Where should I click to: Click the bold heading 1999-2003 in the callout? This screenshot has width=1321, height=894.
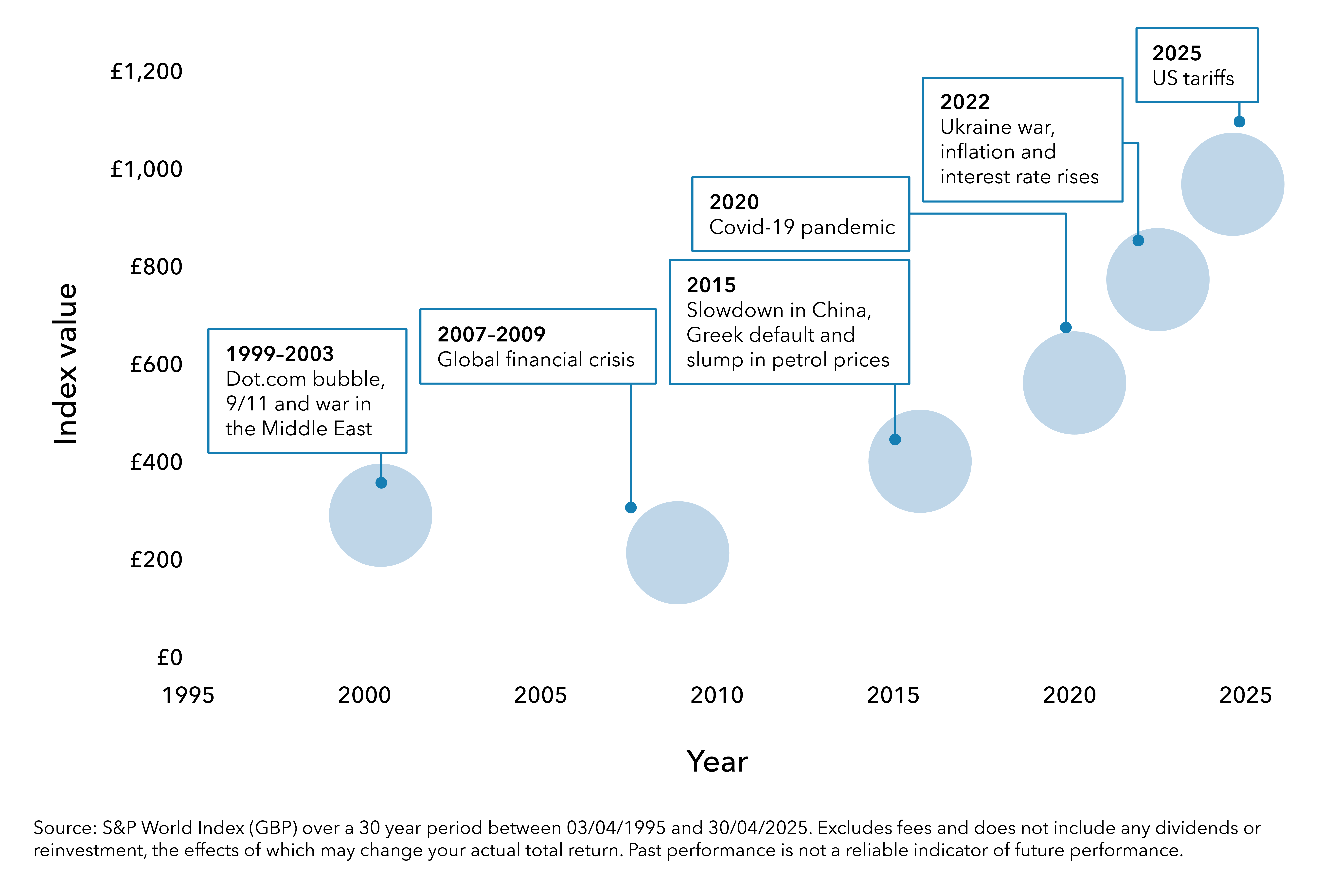click(280, 354)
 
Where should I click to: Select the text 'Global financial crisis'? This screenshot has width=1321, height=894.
click(536, 360)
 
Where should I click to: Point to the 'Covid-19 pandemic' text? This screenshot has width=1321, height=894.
click(802, 227)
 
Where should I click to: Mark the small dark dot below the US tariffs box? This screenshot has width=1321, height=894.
click(1239, 121)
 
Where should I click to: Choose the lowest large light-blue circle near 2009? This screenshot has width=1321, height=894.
click(678, 553)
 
